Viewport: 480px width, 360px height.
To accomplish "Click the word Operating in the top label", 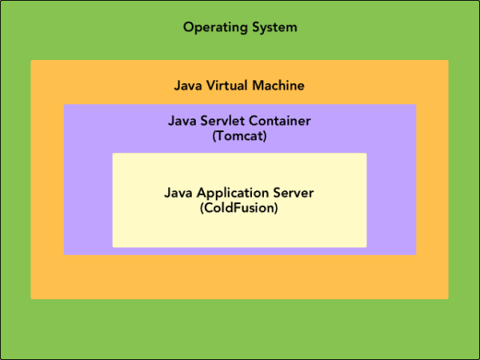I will click(x=211, y=28).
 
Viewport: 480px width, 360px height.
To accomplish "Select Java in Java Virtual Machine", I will click(x=187, y=86).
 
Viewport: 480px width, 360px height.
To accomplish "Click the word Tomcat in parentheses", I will click(x=240, y=136).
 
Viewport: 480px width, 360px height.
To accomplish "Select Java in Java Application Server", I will click(x=177, y=194).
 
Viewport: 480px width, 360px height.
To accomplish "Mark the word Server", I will click(x=294, y=194).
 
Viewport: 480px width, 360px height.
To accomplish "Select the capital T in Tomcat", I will click(x=220, y=136).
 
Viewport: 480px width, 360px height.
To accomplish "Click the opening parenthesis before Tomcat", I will click(x=214, y=137).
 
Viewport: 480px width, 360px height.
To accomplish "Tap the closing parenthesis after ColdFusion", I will click(x=277, y=209).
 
